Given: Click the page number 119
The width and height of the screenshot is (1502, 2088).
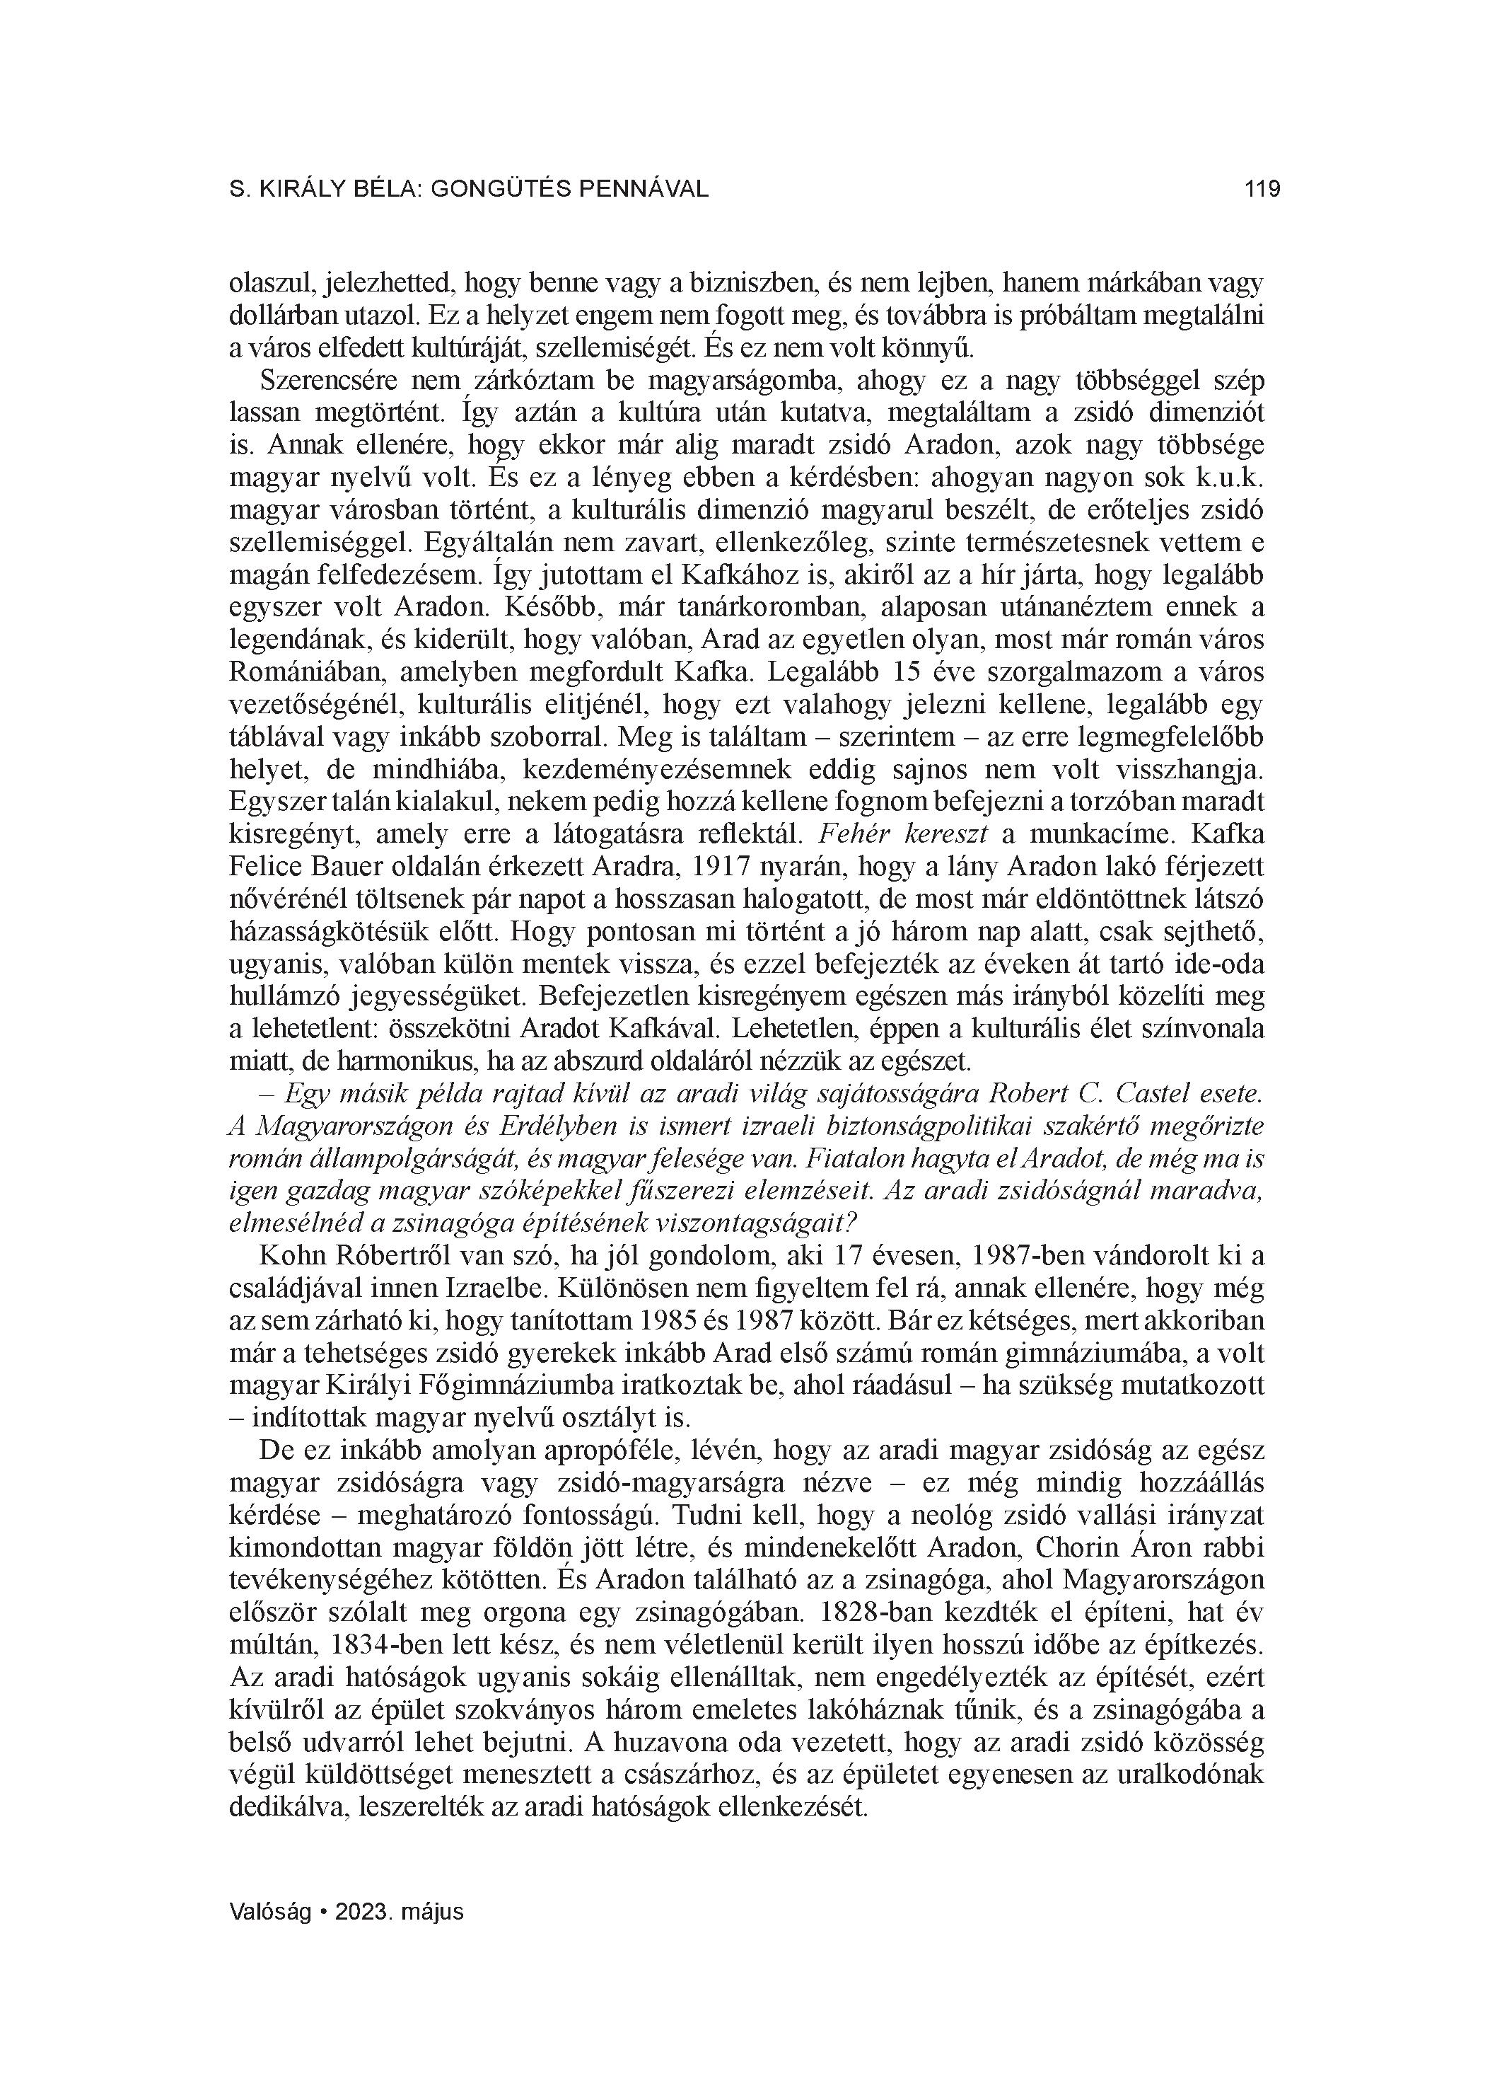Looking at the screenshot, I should [x=1262, y=190].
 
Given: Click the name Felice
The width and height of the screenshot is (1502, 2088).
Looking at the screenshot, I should [x=260, y=868].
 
